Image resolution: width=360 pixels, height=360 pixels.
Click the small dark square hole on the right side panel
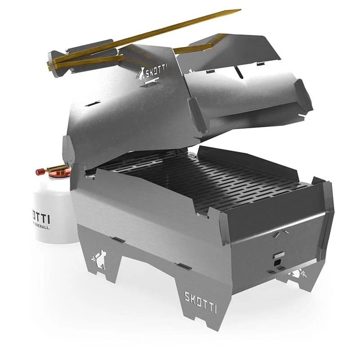(x=277, y=260)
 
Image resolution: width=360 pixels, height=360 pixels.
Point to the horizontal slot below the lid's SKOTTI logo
(x=149, y=84)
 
